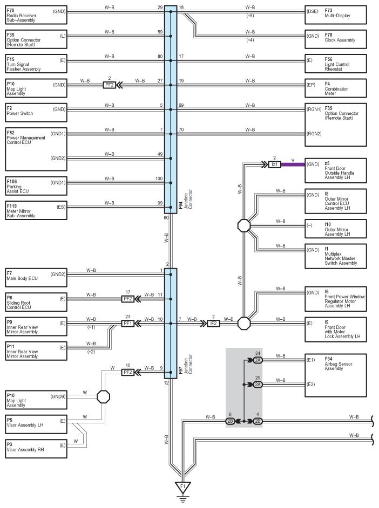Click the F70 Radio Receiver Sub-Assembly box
click(x=36, y=15)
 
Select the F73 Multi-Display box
click(x=336, y=15)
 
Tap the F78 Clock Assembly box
click(x=336, y=39)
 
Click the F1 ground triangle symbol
click(x=182, y=488)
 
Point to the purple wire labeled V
click(x=293, y=164)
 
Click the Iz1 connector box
click(x=275, y=164)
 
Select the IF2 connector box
click(x=213, y=324)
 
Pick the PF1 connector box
click(x=128, y=324)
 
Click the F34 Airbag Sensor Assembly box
click(x=336, y=375)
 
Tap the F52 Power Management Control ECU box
click(x=36, y=149)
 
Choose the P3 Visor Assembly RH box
click(x=36, y=449)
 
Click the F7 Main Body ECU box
click(x=36, y=278)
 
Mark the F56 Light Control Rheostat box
click(x=336, y=64)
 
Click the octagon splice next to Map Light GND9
click(x=104, y=396)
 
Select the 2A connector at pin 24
click(x=258, y=360)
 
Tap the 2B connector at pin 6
click(x=230, y=421)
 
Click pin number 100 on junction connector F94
click(x=159, y=179)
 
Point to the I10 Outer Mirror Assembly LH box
click(x=336, y=229)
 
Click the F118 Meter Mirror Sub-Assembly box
click(x=36, y=210)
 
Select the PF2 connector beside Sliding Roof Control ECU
click(x=128, y=299)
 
